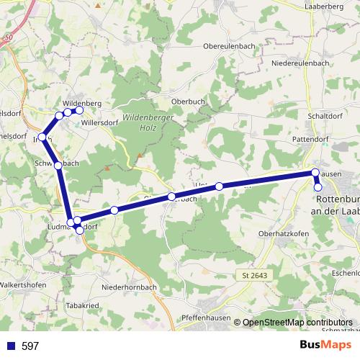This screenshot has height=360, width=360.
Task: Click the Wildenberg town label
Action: pyautogui.click(x=82, y=104)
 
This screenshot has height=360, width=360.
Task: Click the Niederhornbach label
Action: pyautogui.click(x=130, y=287)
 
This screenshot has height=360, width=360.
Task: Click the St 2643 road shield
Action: pyautogui.click(x=250, y=276)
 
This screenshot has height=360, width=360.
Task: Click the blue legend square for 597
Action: pyautogui.click(x=11, y=346)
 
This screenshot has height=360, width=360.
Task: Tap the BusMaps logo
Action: pyautogui.click(x=321, y=346)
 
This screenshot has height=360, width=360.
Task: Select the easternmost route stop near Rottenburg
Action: pyautogui.click(x=318, y=187)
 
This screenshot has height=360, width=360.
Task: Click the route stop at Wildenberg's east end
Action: pyautogui.click(x=79, y=110)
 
